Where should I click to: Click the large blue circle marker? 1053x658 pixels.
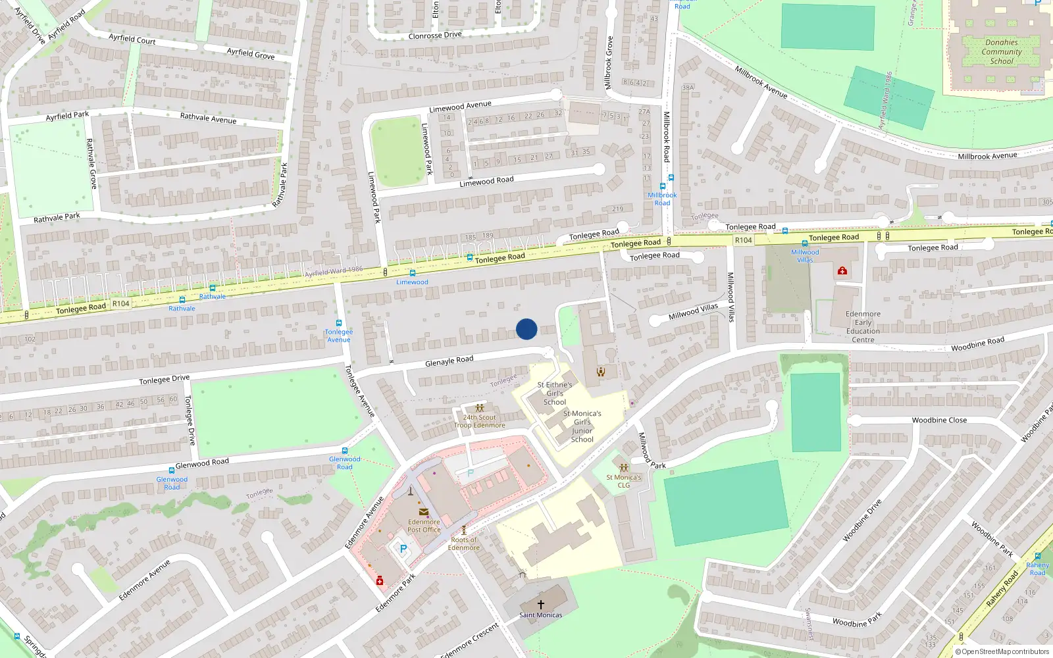tap(526, 329)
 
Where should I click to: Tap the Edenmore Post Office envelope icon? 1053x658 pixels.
tap(424, 512)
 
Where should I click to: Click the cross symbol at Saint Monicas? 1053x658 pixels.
tap(541, 604)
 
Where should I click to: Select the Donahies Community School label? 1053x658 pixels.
tap(1002, 51)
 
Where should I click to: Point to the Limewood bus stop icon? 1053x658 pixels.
tap(413, 273)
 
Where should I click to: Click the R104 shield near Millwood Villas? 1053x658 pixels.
tap(743, 240)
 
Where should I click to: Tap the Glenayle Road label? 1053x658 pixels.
tap(449, 361)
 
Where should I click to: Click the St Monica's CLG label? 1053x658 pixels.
tap(623, 481)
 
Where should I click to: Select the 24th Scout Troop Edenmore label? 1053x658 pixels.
tap(480, 421)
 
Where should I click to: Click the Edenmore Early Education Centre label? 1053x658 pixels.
tap(863, 326)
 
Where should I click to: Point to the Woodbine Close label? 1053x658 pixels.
tap(939, 420)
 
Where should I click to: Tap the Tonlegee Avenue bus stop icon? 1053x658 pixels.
tap(339, 323)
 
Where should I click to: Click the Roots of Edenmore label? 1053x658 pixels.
tap(464, 544)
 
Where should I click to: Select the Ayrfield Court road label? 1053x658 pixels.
tap(132, 39)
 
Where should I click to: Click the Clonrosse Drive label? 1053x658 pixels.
tap(435, 36)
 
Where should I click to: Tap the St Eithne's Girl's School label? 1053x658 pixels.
tap(555, 393)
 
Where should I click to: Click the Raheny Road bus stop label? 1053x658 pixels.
tap(1037, 569)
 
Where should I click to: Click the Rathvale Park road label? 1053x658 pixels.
tap(57, 217)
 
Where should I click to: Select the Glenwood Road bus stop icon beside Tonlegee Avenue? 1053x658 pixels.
tap(345, 451)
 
